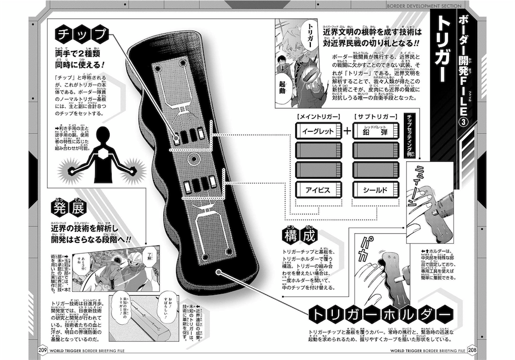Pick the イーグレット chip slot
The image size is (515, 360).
coord(317,130)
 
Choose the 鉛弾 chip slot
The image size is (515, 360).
coord(377,130)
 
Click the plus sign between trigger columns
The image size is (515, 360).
coord(348,130)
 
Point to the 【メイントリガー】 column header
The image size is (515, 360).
coord(317,116)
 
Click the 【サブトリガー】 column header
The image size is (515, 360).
coord(377,116)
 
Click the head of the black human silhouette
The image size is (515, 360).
coord(105,135)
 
